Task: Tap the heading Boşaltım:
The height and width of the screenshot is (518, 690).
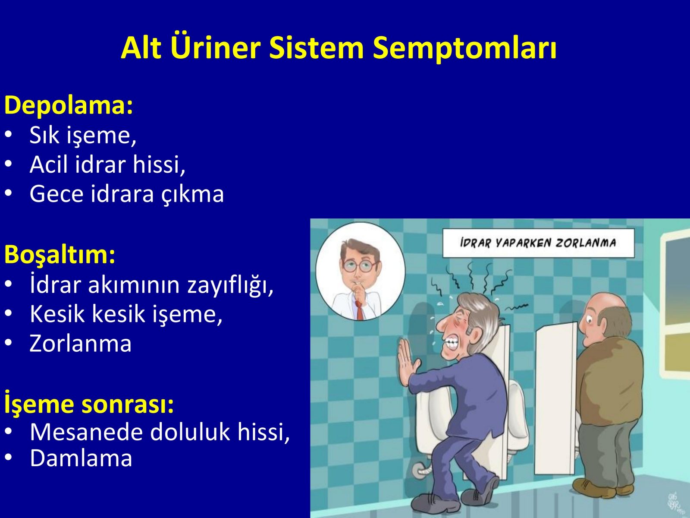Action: pos(60,255)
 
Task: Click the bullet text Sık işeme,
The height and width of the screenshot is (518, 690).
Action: pos(83,135)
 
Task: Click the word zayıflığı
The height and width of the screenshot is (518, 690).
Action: pos(230,284)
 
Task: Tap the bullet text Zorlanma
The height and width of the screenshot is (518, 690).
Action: pos(81,343)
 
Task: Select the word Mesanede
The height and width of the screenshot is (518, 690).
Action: pos(88,432)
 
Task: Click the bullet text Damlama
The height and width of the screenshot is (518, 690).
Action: pos(81,458)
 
